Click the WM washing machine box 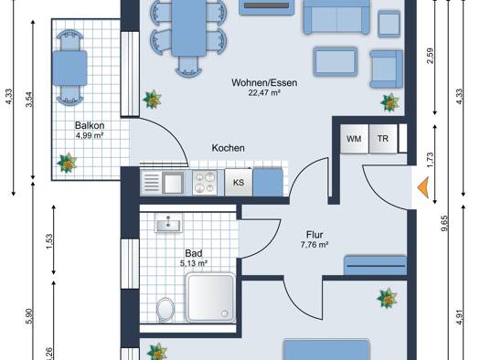click(354, 139)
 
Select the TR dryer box click(383, 139)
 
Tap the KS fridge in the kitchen click(239, 183)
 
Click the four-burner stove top click(205, 183)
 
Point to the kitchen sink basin click(174, 183)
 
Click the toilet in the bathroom click(165, 310)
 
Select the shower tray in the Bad click(210, 297)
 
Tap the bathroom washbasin click(168, 222)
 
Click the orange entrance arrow click(423, 187)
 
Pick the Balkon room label click(90, 125)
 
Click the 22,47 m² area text click(264, 92)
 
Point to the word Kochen click(228, 148)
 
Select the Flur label click(315, 235)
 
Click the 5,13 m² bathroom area click(194, 263)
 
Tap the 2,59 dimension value click(430, 56)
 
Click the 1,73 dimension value click(430, 160)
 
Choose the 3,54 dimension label click(29, 100)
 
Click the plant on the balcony click(67, 163)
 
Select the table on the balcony click(70, 68)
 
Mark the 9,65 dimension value click(445, 224)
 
